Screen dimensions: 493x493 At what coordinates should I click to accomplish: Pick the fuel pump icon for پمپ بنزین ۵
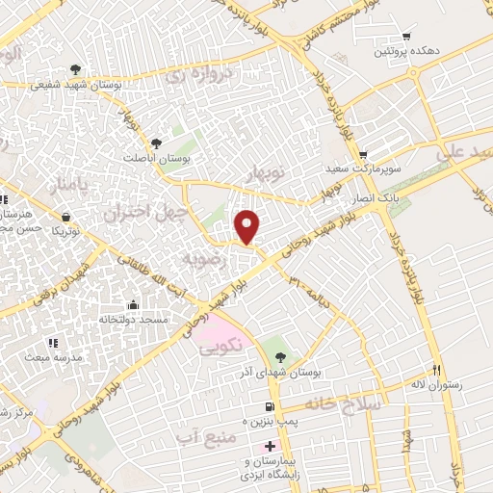coord(270,407)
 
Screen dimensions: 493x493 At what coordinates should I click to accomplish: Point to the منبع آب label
coord(205,439)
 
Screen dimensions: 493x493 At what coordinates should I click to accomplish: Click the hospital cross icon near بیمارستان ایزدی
coord(270,446)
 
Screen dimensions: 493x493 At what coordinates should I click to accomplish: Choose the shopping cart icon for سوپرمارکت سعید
coord(363,155)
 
